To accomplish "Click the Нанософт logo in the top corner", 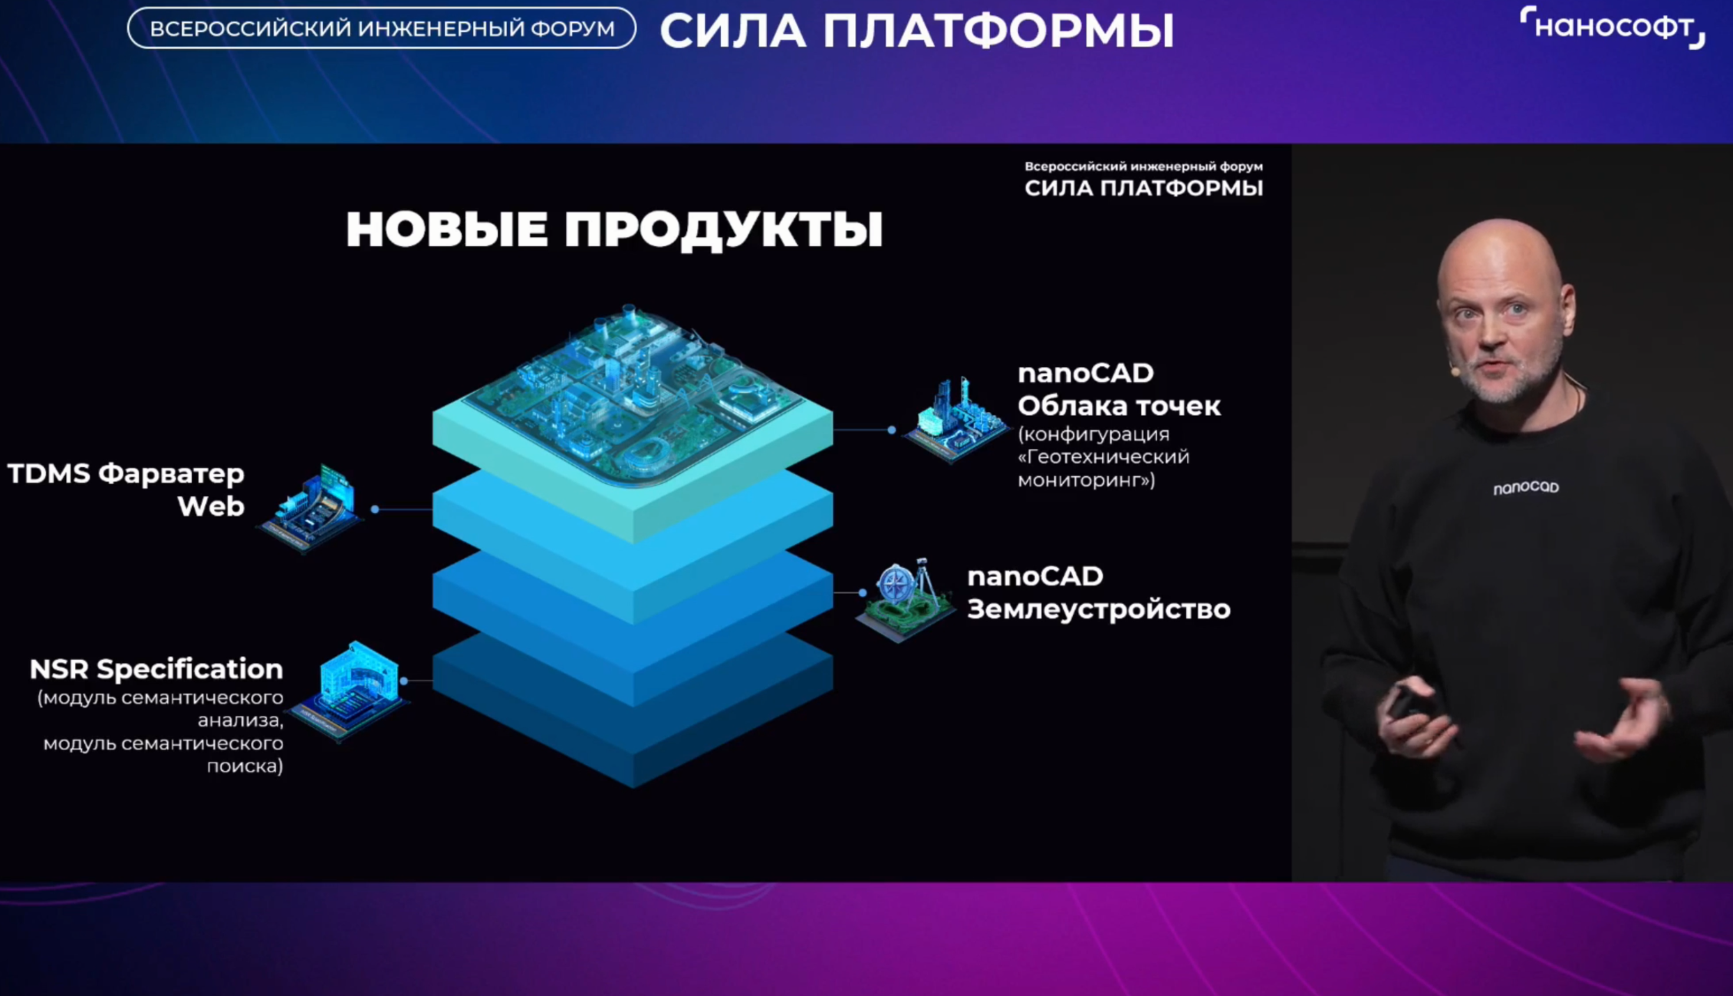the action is click(x=1612, y=27).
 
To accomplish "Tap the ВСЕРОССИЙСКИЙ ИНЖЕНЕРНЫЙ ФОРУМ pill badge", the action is click(x=382, y=28).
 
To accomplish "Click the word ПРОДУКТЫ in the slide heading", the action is click(x=724, y=229).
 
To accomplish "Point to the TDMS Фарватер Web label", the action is click(x=126, y=490).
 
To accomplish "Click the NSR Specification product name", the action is click(x=156, y=669).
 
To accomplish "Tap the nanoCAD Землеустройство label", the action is click(x=1099, y=592).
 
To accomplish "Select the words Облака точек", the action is click(x=1119, y=405).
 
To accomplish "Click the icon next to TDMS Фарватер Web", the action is click(x=311, y=508).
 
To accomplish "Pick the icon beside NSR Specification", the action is click(x=350, y=690).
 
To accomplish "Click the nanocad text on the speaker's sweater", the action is click(x=1525, y=487).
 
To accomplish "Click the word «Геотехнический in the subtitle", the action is click(x=1103, y=457).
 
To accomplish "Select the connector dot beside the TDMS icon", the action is click(x=375, y=509).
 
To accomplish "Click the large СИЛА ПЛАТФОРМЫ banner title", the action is click(x=917, y=31).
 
